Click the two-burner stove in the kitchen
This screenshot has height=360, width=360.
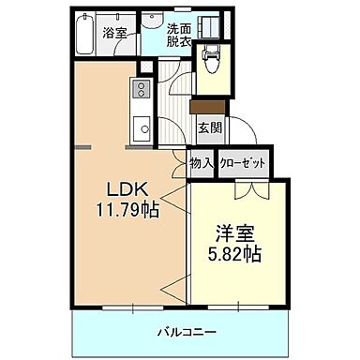(142, 90)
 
